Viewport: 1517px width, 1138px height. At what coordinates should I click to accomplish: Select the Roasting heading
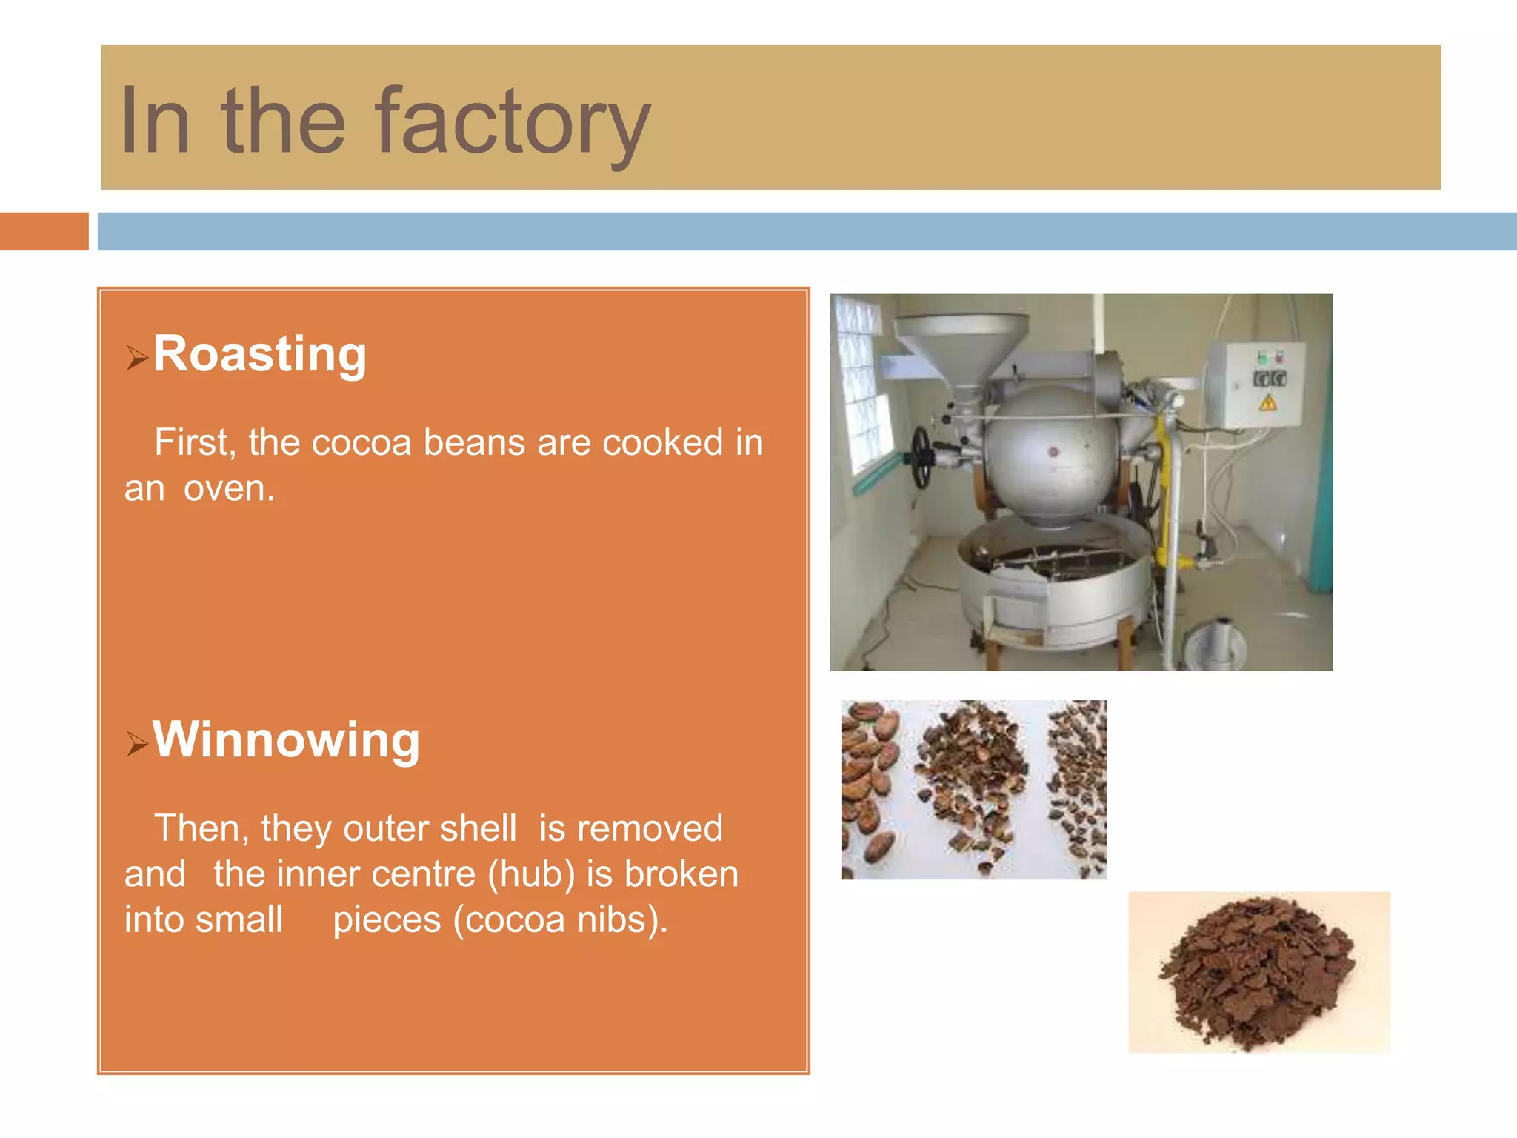(x=259, y=354)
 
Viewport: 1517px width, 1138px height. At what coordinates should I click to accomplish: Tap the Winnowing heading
(x=286, y=739)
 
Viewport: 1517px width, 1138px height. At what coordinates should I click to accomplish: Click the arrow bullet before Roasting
(x=136, y=358)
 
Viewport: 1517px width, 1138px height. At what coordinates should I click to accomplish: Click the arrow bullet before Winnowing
(x=136, y=743)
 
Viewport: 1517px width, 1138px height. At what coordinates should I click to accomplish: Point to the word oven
(x=229, y=489)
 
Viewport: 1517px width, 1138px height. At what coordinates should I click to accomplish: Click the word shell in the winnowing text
(x=478, y=828)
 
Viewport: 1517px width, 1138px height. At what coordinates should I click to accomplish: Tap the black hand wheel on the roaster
(x=921, y=456)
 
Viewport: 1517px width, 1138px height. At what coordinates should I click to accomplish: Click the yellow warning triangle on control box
(x=1267, y=403)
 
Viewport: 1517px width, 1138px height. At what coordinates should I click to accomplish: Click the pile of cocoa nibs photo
(x=1258, y=973)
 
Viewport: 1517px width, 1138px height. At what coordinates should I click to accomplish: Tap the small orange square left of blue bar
(x=44, y=231)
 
